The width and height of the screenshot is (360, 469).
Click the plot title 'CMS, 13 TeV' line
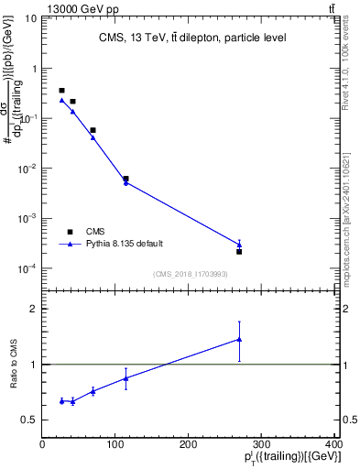tap(192, 38)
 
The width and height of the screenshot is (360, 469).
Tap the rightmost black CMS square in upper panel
tap(239, 251)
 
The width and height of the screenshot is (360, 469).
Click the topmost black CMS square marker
tap(61, 91)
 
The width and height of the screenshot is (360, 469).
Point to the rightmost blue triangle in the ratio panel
tap(239, 339)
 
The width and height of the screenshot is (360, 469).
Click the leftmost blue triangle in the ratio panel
tap(61, 400)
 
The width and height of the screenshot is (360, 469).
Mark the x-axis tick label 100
tap(115, 444)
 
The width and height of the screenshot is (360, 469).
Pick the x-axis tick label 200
tap(189, 444)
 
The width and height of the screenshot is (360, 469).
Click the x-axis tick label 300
tap(262, 444)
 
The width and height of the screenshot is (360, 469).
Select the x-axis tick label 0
tap(42, 444)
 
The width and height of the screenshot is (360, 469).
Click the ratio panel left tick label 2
tap(33, 309)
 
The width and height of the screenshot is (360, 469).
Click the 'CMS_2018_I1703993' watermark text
tap(191, 274)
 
